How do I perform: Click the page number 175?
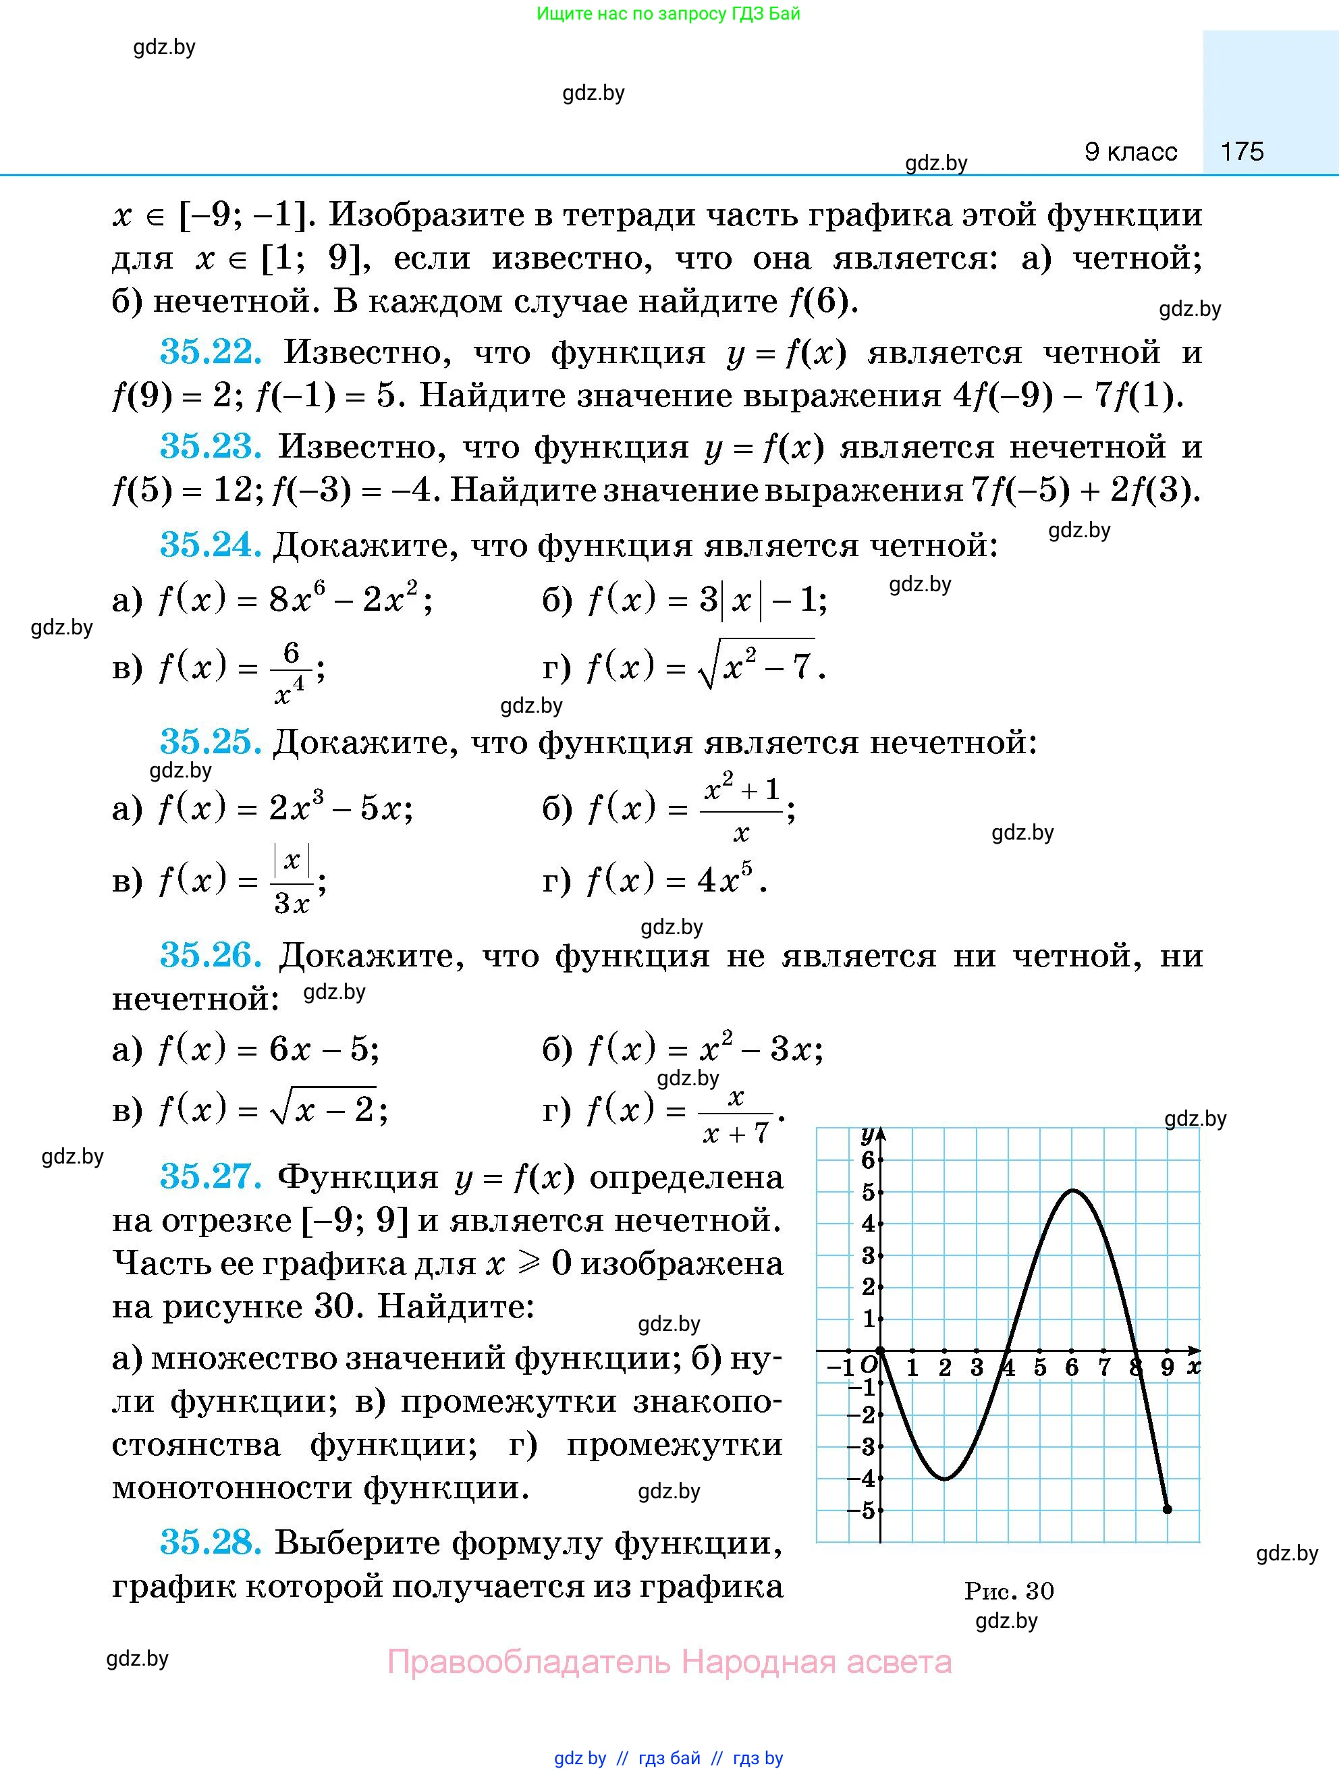(x=1241, y=151)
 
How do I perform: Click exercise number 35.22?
(x=210, y=352)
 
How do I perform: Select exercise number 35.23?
(x=210, y=446)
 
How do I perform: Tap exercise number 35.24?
(x=210, y=545)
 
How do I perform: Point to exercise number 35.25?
(x=210, y=742)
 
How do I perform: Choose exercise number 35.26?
(x=210, y=955)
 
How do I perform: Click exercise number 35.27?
(x=210, y=1176)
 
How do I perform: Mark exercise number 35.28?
(x=210, y=1542)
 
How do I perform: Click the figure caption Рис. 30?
(x=1008, y=1591)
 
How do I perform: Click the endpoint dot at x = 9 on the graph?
(x=1168, y=1509)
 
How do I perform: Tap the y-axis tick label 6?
(x=867, y=1159)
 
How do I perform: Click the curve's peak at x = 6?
(x=1072, y=1191)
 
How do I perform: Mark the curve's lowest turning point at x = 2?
(x=945, y=1478)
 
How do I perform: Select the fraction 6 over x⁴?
(x=290, y=671)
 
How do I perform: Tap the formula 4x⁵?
(x=727, y=880)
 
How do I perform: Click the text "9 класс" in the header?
(x=1130, y=151)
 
